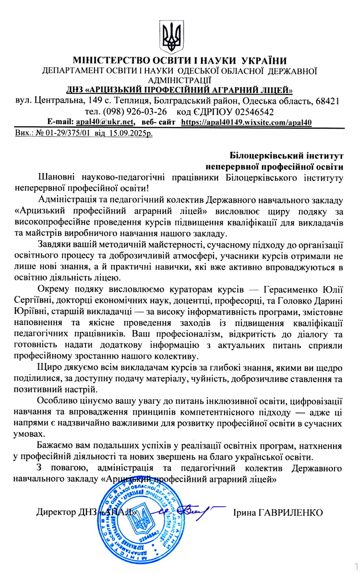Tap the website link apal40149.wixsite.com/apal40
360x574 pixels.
pyautogui.click(x=247, y=122)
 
